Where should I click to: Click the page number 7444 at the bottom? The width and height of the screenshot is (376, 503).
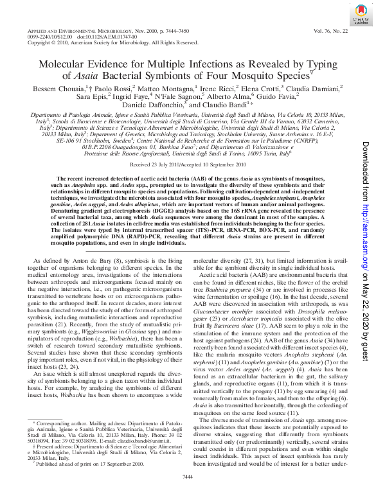click(x=188, y=493)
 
